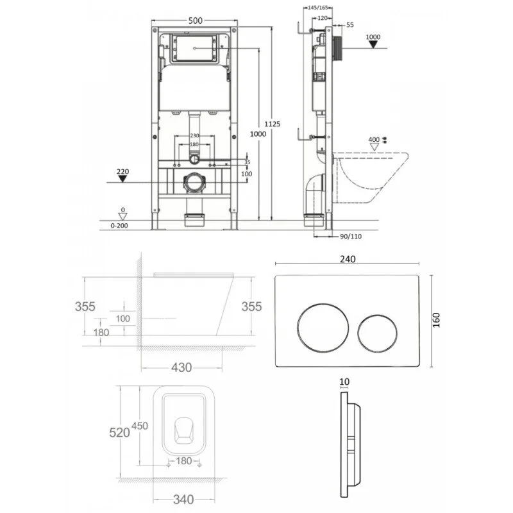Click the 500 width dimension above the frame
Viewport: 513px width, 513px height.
tap(196, 21)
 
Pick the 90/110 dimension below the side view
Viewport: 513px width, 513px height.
tap(349, 236)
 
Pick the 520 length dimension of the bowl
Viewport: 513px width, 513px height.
tap(119, 432)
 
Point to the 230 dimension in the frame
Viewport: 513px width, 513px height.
tap(195, 136)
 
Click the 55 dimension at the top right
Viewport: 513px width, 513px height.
tap(349, 24)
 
